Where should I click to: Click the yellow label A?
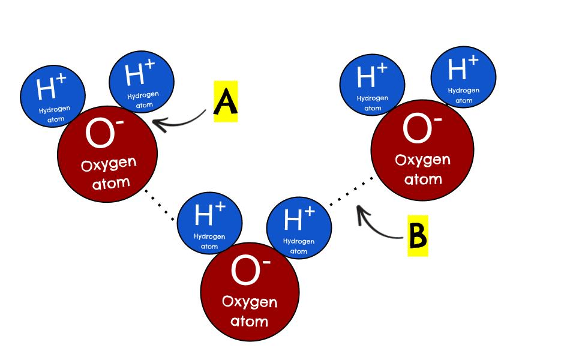(226, 101)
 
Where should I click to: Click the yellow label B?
(418, 235)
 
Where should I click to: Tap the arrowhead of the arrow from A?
(158, 124)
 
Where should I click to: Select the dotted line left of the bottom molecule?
(160, 205)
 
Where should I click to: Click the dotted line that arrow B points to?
(351, 191)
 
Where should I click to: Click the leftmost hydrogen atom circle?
(53, 96)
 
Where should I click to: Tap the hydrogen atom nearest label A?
(142, 82)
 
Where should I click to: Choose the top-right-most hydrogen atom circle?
(463, 77)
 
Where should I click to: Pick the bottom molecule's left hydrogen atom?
(209, 223)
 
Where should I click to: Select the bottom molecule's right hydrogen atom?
(299, 228)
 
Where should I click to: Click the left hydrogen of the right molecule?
(372, 85)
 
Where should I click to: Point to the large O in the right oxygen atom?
(417, 128)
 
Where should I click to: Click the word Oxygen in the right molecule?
(423, 160)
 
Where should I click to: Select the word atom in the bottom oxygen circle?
(249, 321)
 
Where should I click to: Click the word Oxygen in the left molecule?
(109, 164)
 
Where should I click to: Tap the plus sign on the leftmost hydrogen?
(61, 79)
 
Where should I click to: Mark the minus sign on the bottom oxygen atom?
(266, 262)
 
